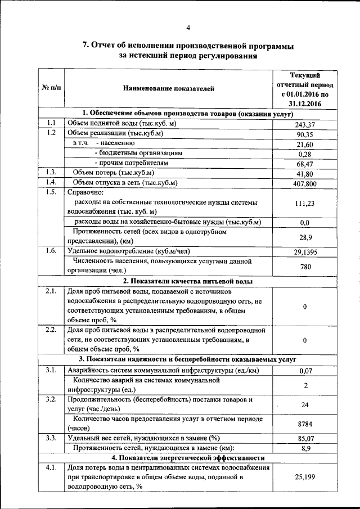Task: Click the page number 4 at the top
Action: click(188, 28)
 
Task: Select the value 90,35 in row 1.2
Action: click(305, 134)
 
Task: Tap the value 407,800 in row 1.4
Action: click(305, 183)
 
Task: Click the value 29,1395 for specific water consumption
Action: click(305, 253)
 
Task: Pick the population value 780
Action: click(305, 267)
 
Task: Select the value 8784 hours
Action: click(305, 424)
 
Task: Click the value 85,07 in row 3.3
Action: click(305, 438)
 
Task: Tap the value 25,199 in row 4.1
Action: click(305, 477)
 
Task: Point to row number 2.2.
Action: click(51, 330)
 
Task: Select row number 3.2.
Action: click(51, 399)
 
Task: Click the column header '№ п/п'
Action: click(51, 88)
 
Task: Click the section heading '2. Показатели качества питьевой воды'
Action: click(188, 281)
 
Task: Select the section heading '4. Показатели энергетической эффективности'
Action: click(188, 458)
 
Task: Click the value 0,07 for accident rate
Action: click(305, 370)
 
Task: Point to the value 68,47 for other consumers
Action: click(305, 163)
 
